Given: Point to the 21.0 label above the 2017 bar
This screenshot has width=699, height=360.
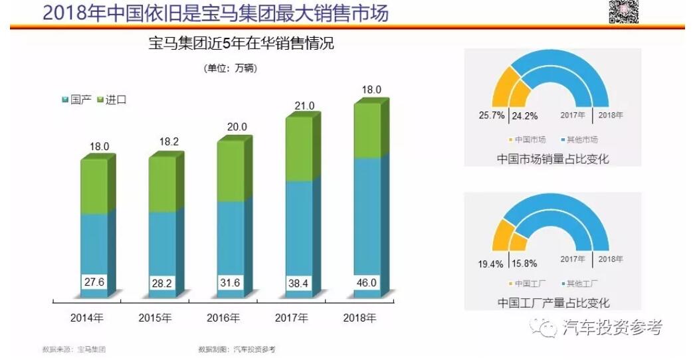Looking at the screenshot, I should click(304, 106).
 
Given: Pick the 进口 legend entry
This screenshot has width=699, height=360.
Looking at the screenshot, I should click(112, 100).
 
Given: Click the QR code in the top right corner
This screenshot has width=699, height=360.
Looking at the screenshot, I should click(623, 11).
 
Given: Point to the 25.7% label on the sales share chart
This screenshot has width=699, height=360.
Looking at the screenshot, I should click(491, 116).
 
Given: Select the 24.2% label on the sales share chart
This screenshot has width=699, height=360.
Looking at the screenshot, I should click(525, 116).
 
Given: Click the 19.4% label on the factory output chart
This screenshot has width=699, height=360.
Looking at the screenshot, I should click(491, 263).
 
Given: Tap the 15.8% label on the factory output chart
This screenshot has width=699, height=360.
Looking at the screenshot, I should click(524, 263).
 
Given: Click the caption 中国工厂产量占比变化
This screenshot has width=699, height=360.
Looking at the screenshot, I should click(553, 303).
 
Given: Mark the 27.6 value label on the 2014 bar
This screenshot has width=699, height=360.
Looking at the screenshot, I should click(94, 282).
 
